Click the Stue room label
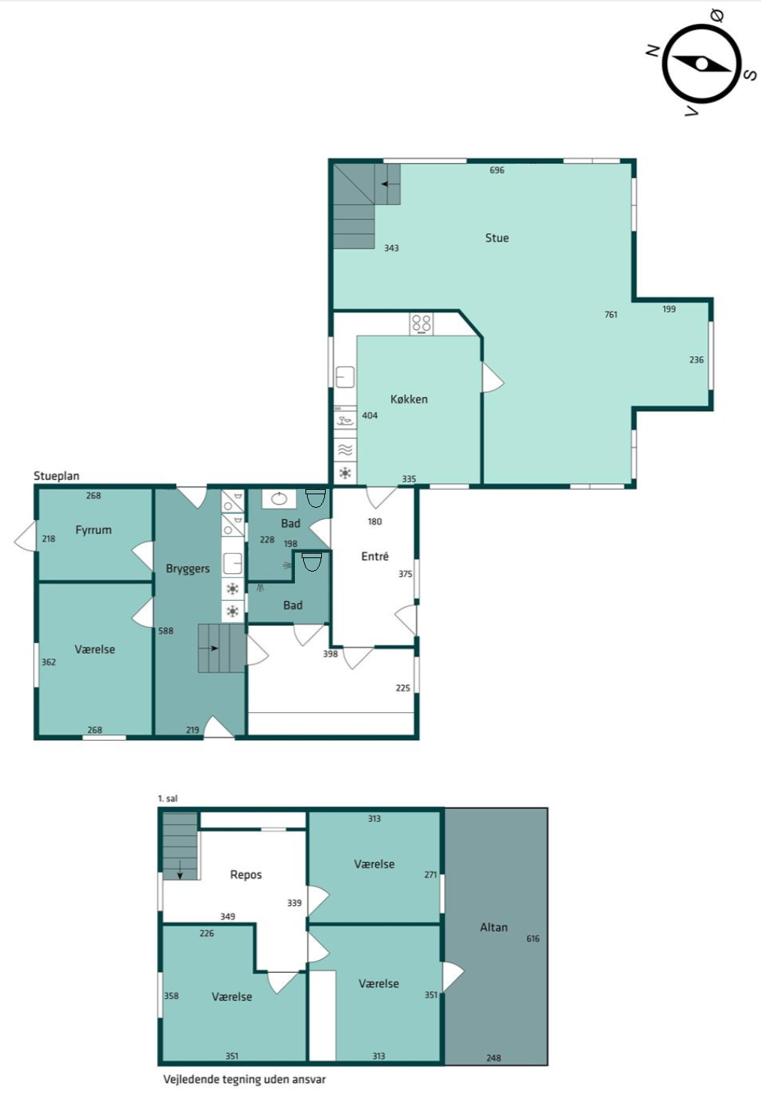(497, 238)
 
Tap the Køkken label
(408, 399)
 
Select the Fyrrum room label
(93, 530)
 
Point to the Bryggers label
(188, 569)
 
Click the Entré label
(374, 557)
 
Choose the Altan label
(493, 928)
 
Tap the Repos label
(246, 874)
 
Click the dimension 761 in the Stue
(611, 314)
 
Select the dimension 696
(497, 171)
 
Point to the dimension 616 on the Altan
(533, 938)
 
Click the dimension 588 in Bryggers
(166, 630)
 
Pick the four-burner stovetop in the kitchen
(422, 324)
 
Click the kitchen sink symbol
(345, 377)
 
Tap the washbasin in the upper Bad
(279, 499)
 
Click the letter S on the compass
(750, 75)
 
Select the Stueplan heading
(56, 476)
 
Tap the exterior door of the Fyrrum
(25, 535)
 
